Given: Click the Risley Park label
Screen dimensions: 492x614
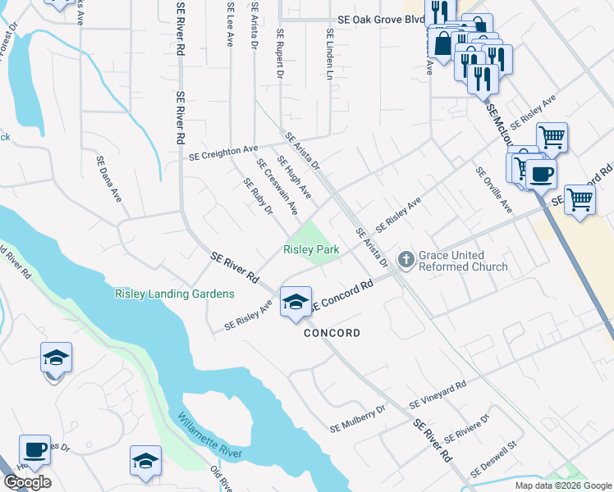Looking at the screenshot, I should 311,249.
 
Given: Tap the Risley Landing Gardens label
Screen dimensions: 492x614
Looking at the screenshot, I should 174,294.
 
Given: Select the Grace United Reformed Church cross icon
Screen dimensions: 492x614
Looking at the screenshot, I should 406,260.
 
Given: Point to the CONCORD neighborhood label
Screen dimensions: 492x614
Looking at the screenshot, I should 332,333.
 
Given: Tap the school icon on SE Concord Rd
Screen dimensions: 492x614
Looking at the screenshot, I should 295,303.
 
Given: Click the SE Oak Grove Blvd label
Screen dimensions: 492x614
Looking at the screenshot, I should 380,20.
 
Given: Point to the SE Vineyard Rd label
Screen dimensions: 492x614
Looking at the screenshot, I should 438,394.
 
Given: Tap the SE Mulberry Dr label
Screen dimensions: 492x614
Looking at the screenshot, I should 358,418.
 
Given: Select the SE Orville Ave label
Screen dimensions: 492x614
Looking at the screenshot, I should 493,190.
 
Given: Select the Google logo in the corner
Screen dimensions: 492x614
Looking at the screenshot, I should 27,482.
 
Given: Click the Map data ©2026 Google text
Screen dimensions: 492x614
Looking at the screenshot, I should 563,485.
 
